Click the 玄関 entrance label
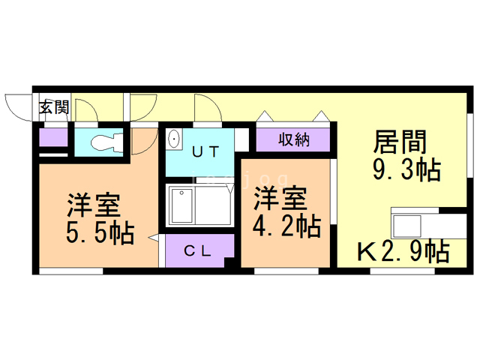[53, 106]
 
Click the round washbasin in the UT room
[174, 139]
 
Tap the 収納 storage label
[294, 139]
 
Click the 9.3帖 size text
[406, 171]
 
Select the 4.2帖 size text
[286, 225]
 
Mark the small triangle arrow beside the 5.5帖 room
[154, 238]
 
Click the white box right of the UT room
[241, 140]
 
